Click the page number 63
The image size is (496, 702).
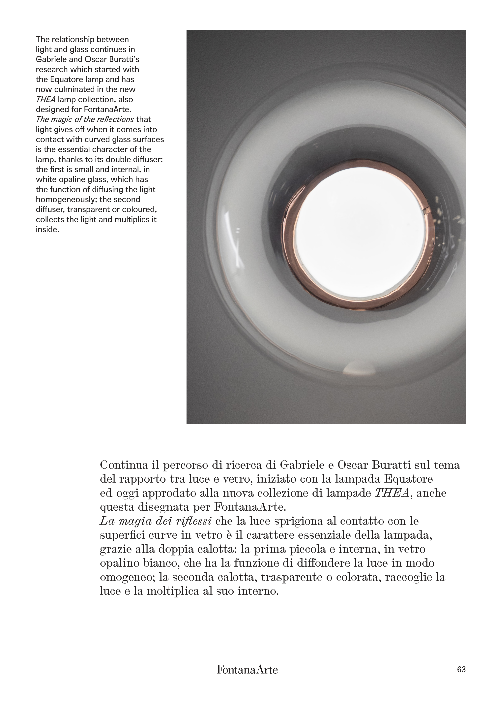[461, 669]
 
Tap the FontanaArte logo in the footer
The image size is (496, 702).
[247, 670]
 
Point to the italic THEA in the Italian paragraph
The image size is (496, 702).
[392, 493]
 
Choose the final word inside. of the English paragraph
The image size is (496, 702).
[47, 230]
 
